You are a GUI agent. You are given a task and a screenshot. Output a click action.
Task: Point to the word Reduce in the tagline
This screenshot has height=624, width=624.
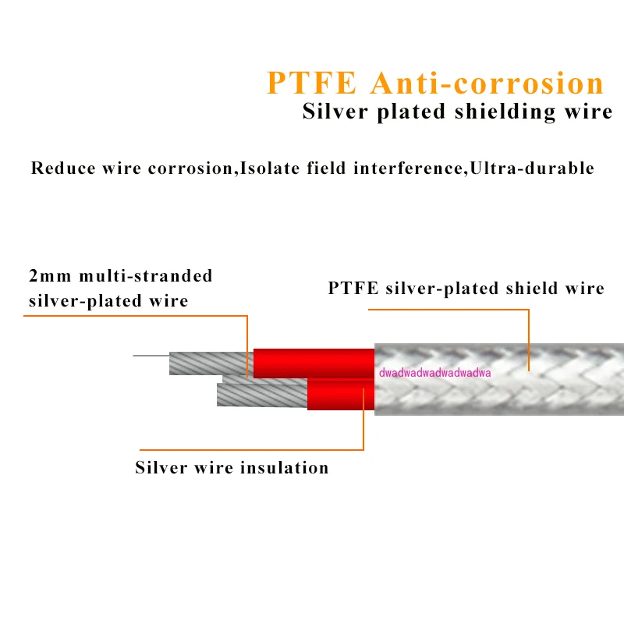63,168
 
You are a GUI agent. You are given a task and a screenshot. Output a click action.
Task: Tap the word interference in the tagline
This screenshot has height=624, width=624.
411,168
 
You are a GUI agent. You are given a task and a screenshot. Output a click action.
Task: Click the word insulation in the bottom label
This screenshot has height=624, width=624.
287,468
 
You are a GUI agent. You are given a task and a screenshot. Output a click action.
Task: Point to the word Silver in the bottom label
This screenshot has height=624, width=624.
160,468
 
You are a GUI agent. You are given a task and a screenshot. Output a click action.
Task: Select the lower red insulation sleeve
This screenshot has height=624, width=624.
340,395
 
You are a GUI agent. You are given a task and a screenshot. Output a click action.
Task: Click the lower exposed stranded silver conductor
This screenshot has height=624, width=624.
261,395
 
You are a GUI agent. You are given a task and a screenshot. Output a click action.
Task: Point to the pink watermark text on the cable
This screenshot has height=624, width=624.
434,373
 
